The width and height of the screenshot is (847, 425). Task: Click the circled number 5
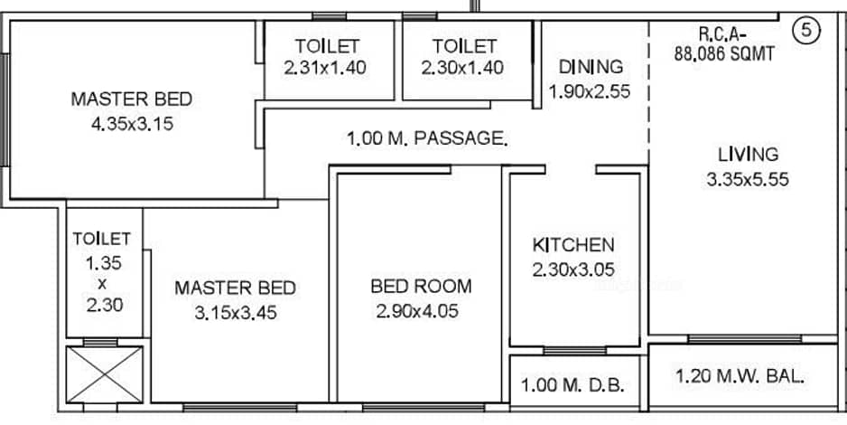pos(806,30)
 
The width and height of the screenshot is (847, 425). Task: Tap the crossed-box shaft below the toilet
pos(104,374)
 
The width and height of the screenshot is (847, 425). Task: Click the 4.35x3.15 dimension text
pos(133,125)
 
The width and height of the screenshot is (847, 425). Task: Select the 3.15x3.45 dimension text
pos(236,313)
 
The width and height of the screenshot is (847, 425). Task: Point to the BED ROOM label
pos(421,286)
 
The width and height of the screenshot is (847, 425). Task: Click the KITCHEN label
pos(573,245)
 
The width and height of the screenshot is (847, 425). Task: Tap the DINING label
pos(591,67)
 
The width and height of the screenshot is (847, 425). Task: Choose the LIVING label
pos(749,155)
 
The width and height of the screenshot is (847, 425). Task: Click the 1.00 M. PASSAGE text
pos(427,138)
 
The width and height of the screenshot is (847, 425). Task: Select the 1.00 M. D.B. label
pos(572,385)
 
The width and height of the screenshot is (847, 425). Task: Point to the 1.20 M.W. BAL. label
pos(740,376)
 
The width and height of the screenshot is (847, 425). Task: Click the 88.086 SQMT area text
pos(724,54)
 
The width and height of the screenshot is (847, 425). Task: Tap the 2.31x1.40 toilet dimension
pos(325,68)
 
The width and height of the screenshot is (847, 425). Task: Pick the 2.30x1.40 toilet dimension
pos(462,68)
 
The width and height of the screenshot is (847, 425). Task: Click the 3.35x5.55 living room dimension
pos(748,180)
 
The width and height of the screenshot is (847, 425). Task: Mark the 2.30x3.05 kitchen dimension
pos(573,269)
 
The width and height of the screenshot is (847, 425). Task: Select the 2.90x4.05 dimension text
pos(417,311)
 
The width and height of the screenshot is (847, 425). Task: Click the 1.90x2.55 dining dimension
pos(590,91)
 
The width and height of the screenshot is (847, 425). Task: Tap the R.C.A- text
pos(722,34)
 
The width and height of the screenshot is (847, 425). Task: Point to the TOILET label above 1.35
pos(101,239)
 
